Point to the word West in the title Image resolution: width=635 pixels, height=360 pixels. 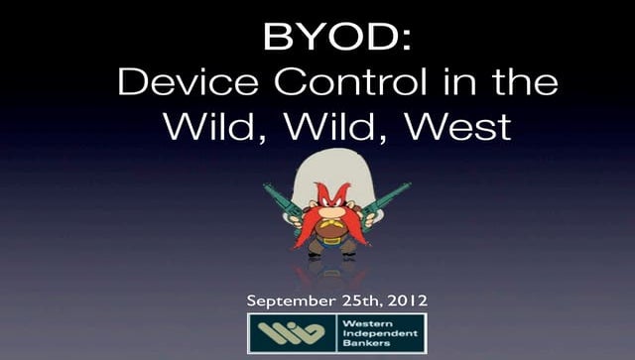tap(459, 126)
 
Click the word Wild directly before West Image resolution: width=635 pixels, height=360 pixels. tap(333, 126)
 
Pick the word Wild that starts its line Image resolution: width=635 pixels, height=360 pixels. tap(204, 126)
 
